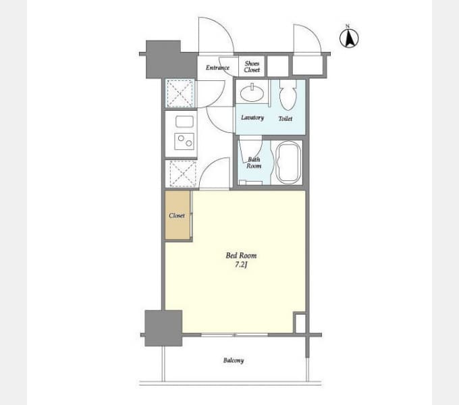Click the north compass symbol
(x=349, y=37)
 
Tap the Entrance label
(x=217, y=67)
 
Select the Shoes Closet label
(x=252, y=66)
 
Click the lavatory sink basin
(x=252, y=92)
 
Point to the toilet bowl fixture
(x=288, y=94)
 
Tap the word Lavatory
(x=252, y=117)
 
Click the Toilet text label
(x=286, y=119)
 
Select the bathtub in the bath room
(x=289, y=163)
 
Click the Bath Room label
(x=254, y=163)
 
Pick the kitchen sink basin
(x=184, y=122)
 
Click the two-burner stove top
(x=184, y=141)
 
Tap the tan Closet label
(x=177, y=216)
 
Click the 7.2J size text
(x=241, y=265)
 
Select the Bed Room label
(x=241, y=255)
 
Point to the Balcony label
(x=234, y=360)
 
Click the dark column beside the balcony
(x=163, y=328)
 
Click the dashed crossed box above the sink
(x=180, y=93)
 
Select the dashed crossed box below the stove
(x=183, y=173)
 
